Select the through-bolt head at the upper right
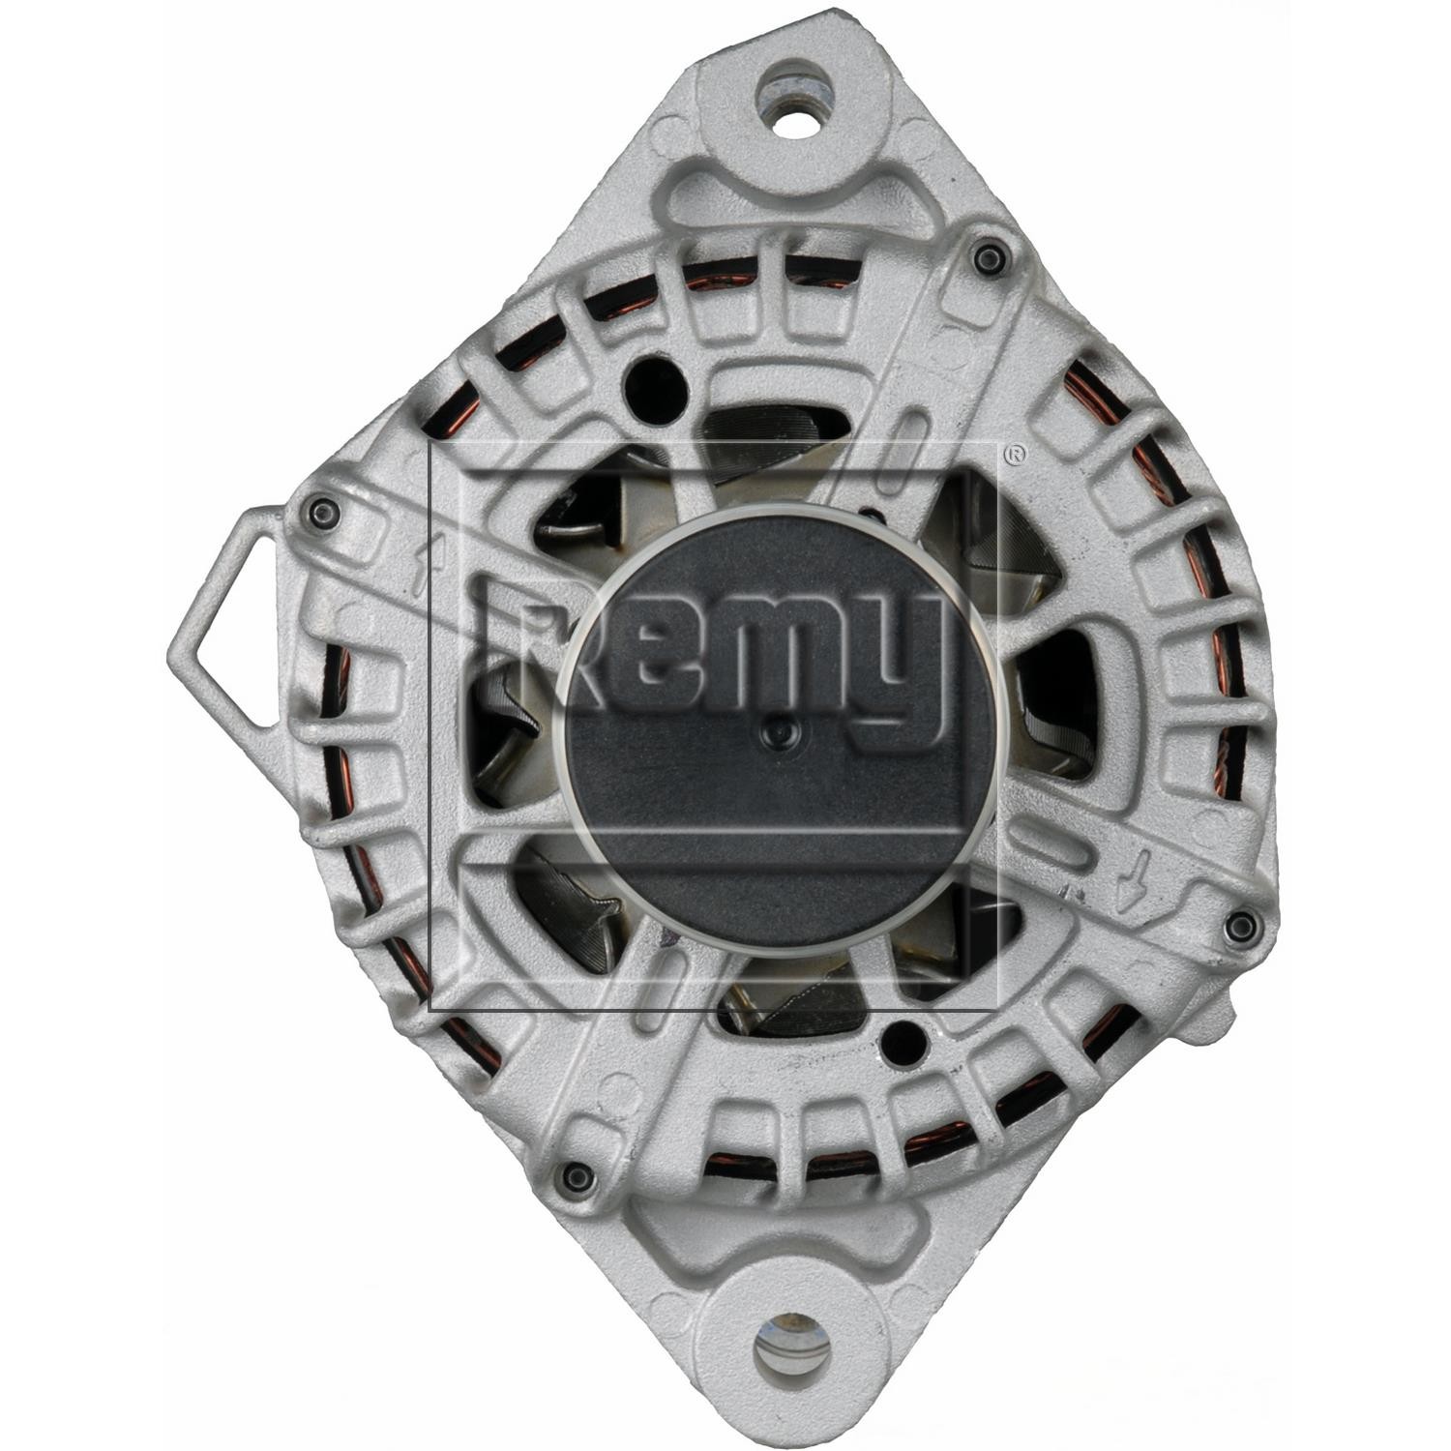pyautogui.click(x=987, y=256)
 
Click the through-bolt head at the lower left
pyautogui.click(x=577, y=1176)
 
